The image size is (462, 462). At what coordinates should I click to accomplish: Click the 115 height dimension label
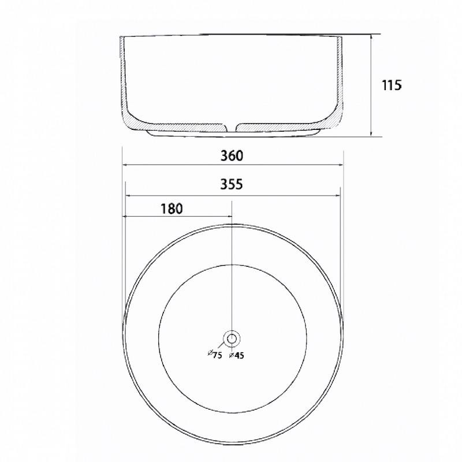392,85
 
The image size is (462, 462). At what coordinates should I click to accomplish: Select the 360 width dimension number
232,155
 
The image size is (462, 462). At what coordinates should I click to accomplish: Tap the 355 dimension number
232,184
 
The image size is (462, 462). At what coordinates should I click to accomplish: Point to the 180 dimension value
172,208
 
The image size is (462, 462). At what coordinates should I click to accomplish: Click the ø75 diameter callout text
215,355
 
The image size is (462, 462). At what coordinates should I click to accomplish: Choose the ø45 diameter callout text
237,355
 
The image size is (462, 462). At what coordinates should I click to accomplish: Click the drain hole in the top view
232,339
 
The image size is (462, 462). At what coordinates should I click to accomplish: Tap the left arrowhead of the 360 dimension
125,165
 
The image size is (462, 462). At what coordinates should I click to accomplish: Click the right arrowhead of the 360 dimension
341,165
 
